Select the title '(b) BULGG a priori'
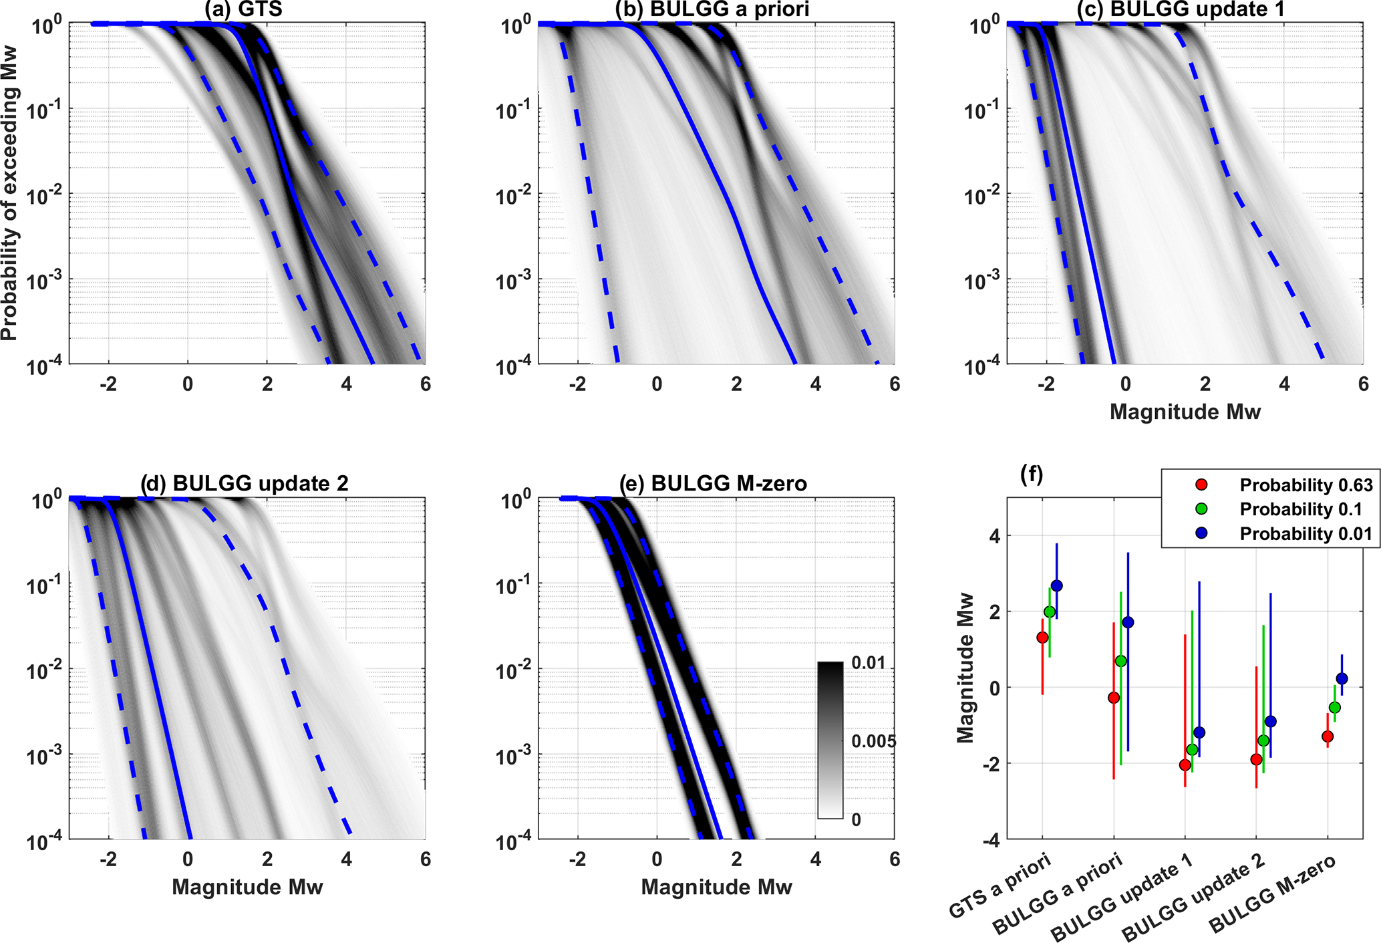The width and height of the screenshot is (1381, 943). point(712,9)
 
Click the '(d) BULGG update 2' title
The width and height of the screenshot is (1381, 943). point(245,483)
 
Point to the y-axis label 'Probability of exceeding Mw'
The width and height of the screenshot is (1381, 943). point(9,194)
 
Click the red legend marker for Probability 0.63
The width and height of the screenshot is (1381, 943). point(1201,485)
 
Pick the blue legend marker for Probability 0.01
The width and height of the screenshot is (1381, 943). point(1201,533)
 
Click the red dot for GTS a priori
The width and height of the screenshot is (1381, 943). point(1042,638)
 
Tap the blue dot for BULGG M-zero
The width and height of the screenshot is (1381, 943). point(1342,679)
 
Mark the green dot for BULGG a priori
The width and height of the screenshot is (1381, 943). point(1121,661)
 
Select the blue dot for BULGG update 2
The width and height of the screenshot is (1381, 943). point(1271,722)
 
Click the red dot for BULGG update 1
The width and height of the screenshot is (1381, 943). point(1185,765)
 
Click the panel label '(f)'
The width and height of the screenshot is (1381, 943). point(1032,475)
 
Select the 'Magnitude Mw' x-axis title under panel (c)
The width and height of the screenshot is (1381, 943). point(1185,412)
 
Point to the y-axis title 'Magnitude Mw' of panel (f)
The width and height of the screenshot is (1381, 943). point(965,668)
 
